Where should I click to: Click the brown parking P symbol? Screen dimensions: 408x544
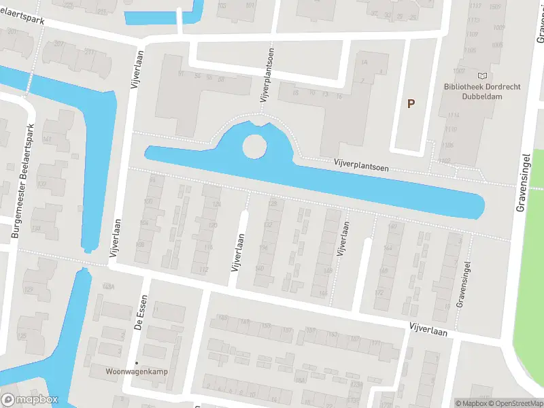410,104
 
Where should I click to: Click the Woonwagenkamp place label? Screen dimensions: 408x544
136,372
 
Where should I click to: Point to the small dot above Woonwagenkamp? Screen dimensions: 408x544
136,362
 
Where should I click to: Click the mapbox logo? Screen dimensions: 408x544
29,400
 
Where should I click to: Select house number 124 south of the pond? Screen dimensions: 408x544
216,205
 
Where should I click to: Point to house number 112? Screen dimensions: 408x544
203,270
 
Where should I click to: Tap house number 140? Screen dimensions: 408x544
258,269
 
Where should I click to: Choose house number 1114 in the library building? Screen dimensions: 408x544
454,115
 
